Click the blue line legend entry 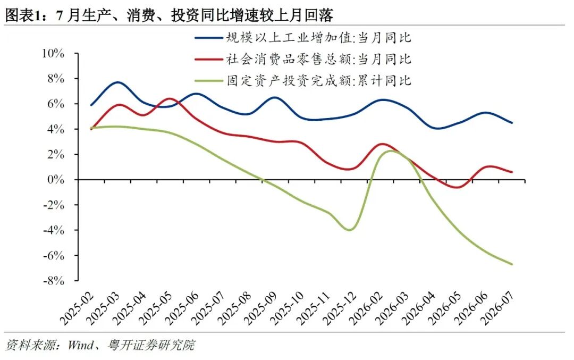(x=303, y=38)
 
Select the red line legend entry (x=303, y=59)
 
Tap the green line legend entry (x=303, y=81)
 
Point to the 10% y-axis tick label (x=54, y=54)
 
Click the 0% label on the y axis (x=56, y=180)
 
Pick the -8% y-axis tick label (x=54, y=281)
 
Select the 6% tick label (x=56, y=104)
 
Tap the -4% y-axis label (x=54, y=230)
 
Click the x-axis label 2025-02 (x=77, y=308)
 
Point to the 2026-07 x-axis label (x=498, y=308)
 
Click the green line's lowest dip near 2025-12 (x=350, y=230)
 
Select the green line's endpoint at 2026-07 (x=512, y=264)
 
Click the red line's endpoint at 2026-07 (x=512, y=172)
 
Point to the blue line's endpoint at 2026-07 (x=512, y=123)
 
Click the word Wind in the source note (x=81, y=345)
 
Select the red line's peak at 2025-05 (x=169, y=98)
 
